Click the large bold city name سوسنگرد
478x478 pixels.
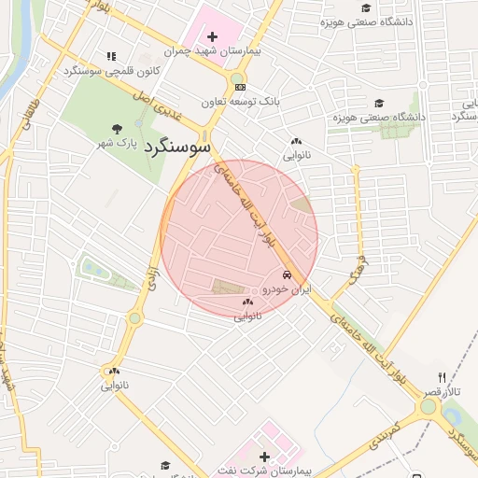(x=180, y=148)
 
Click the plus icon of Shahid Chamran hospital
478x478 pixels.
(x=213, y=36)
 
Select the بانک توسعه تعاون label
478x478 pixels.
(x=241, y=100)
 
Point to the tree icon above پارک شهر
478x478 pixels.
(x=117, y=129)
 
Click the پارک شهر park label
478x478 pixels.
(x=117, y=145)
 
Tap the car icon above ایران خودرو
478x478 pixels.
(x=287, y=275)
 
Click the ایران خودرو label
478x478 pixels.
(x=286, y=290)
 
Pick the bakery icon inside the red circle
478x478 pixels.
(x=247, y=302)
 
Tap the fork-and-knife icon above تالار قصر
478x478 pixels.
(x=443, y=376)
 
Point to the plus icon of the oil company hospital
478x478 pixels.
(x=265, y=457)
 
